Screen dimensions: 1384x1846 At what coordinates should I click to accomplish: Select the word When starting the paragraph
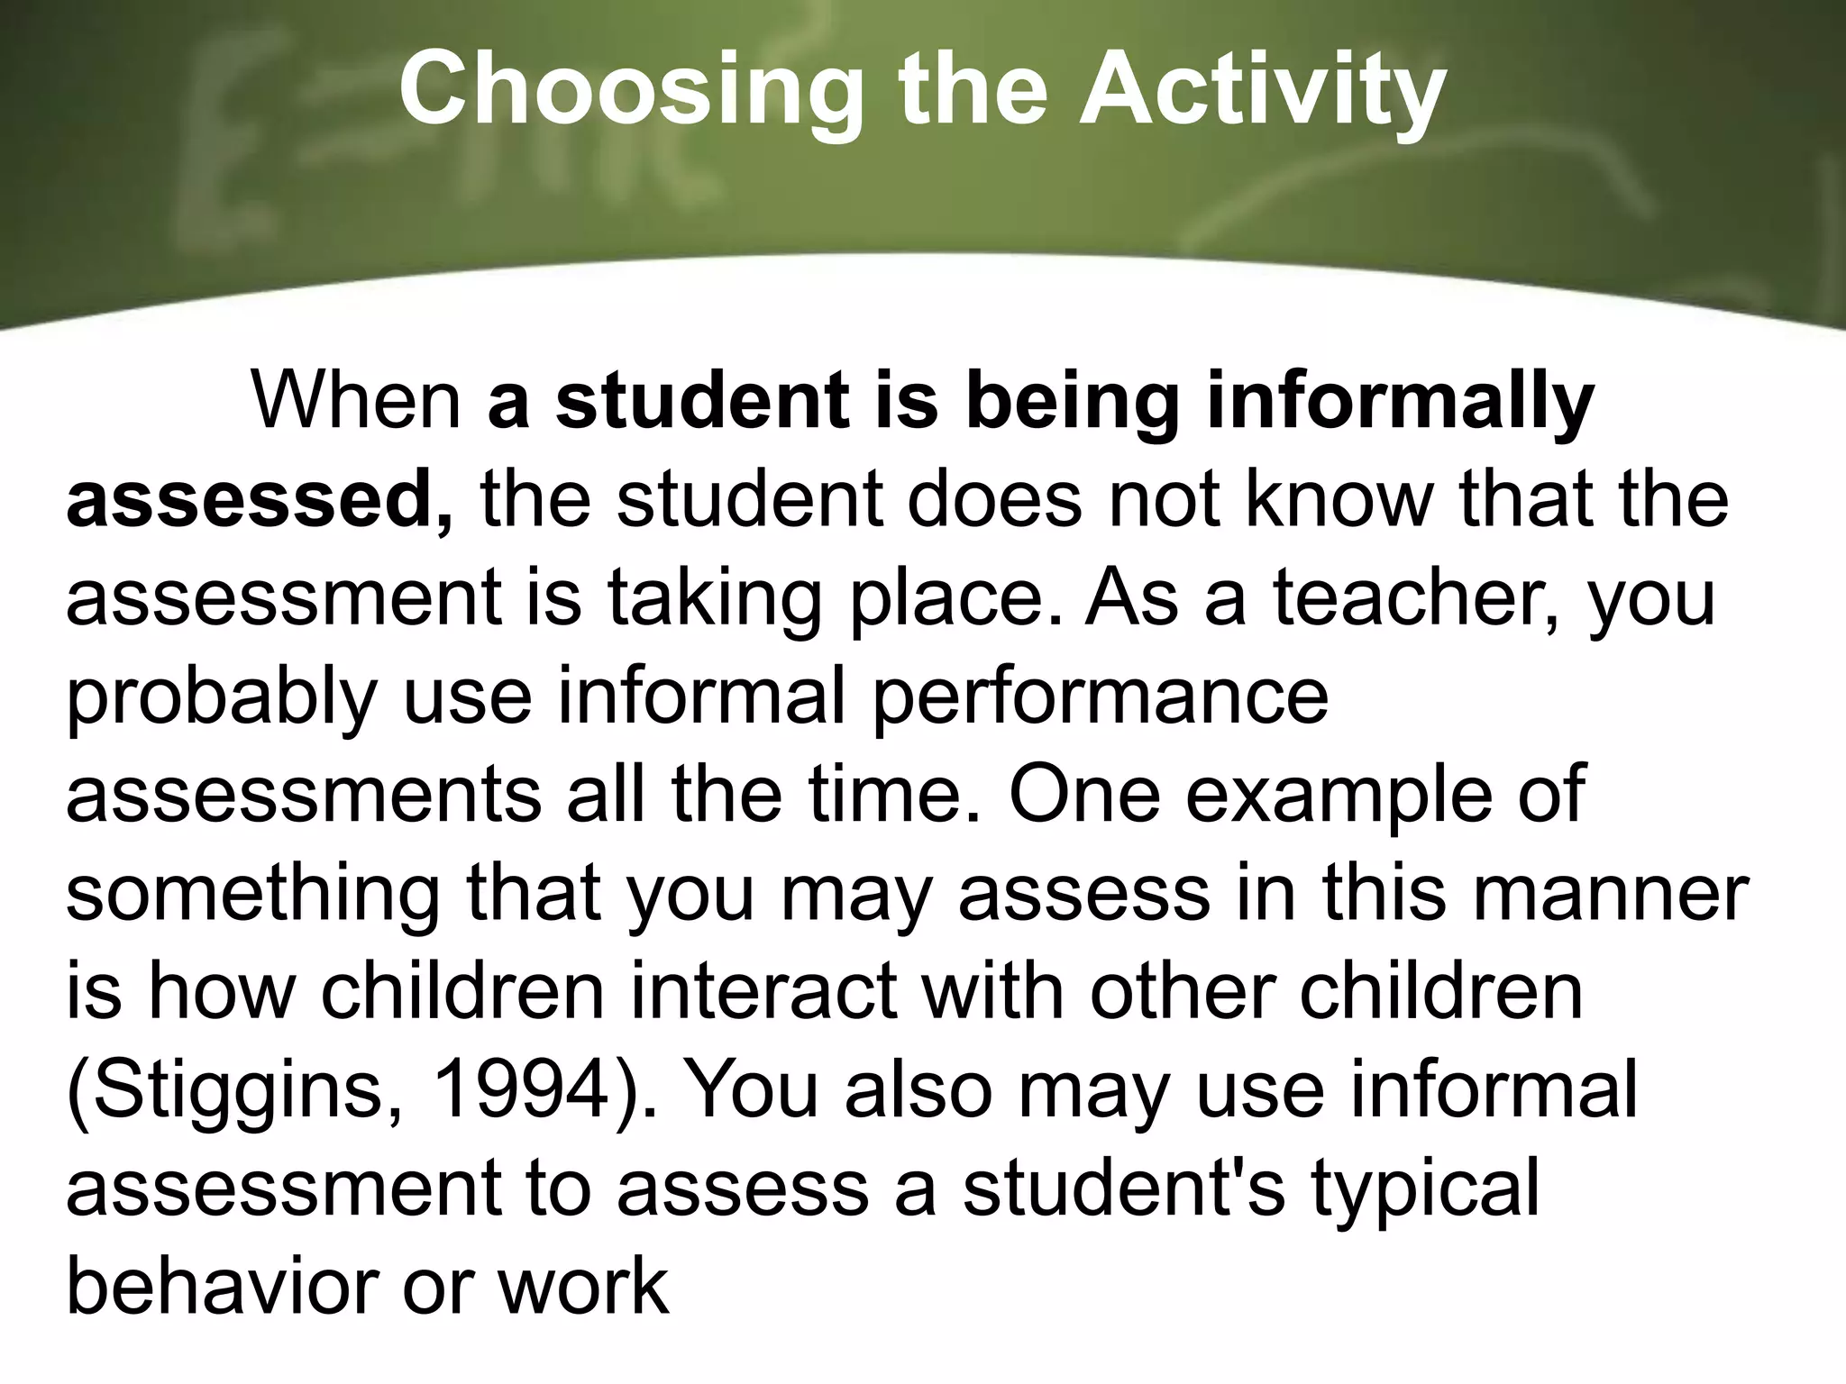coord(356,400)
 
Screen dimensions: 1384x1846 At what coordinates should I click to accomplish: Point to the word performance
coord(1100,697)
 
